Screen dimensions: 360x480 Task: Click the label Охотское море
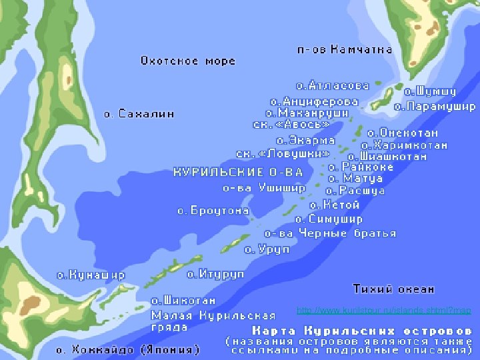187,61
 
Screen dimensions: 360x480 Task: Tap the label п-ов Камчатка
344,49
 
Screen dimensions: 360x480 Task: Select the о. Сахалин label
139,114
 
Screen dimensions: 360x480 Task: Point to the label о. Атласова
332,86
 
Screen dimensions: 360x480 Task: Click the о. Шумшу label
430,91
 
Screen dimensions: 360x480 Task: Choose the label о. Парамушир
435,106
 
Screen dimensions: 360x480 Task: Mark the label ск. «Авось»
291,125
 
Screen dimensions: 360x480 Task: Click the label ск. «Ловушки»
283,153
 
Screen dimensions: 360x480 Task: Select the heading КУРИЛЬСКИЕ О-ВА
238,172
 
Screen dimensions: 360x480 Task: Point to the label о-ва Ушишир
264,188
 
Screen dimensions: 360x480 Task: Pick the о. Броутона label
213,211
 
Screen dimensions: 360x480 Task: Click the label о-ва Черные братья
330,233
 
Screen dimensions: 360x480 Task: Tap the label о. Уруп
267,249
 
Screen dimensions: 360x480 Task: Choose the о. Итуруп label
215,274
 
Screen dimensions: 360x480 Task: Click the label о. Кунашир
90,275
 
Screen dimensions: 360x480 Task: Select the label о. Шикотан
183,301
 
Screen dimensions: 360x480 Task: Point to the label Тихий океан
393,289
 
